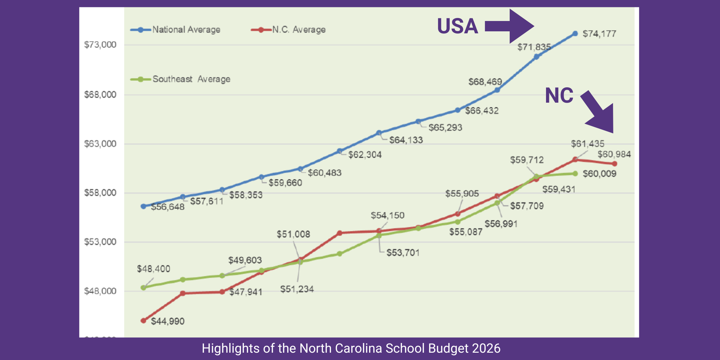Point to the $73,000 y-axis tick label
tap(100, 45)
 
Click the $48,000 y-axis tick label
tap(100, 291)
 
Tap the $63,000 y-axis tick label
tap(100, 144)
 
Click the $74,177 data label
tap(599, 34)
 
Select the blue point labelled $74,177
tap(575, 34)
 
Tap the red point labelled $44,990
tap(143, 321)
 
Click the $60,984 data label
tap(614, 154)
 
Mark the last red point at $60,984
tap(614, 164)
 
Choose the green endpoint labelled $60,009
tap(575, 174)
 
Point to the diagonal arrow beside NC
tap(598, 112)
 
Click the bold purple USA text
tap(457, 26)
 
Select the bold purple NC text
tap(559, 95)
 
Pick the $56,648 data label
tap(168, 207)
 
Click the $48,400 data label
tap(153, 269)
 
